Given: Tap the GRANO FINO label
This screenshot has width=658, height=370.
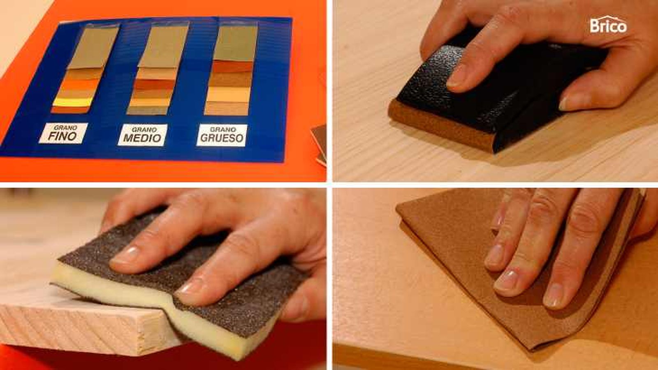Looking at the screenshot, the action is pos(63,133).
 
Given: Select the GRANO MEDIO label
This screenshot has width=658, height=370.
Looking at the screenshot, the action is pos(142,135).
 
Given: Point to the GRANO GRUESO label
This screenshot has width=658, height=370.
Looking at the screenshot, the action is pos(222,135).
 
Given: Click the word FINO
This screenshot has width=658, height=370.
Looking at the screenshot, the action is pos(63,136).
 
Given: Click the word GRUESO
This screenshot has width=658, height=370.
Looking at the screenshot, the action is pos(222,138).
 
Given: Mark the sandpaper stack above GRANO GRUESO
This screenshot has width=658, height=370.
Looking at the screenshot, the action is pos(231,69).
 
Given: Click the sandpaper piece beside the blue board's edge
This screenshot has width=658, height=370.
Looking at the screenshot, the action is pos(319,144).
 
